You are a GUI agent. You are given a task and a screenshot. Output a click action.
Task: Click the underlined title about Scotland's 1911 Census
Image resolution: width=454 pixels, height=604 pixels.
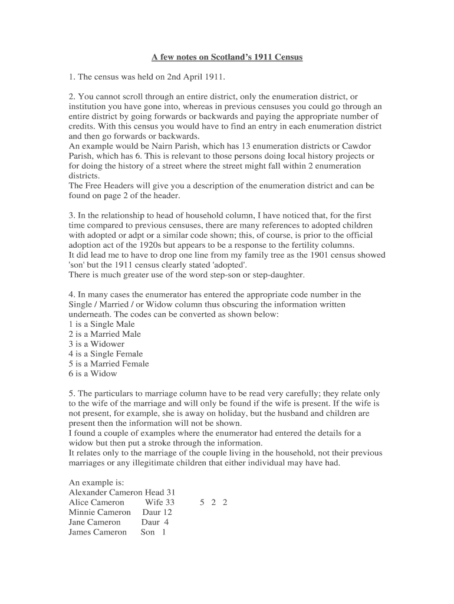227,57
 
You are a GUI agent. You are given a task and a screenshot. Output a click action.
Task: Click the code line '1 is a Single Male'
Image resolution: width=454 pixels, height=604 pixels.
101,324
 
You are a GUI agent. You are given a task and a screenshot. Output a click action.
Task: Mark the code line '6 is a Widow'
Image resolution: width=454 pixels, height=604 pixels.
93,373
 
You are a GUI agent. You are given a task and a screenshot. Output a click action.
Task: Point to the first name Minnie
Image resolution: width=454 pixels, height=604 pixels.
83,513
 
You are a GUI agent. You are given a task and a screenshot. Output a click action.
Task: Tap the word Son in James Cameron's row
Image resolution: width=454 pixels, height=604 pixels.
148,533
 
